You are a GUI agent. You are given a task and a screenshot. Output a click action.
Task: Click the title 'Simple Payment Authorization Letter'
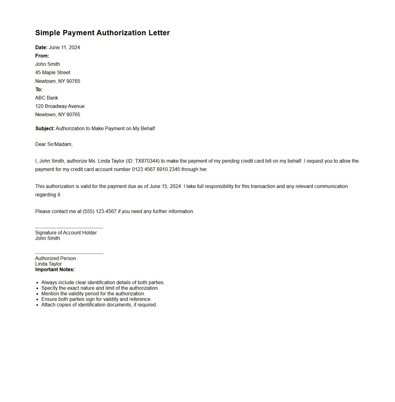click(x=102, y=33)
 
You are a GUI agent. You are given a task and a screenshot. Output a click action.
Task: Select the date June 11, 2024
click(x=64, y=47)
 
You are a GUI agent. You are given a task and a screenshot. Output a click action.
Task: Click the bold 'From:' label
click(x=42, y=56)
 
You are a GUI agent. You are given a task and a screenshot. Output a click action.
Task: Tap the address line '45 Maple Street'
click(x=53, y=72)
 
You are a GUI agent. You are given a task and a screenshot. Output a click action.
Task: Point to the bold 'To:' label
click(x=39, y=89)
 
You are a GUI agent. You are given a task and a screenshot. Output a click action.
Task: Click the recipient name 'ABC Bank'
click(x=47, y=98)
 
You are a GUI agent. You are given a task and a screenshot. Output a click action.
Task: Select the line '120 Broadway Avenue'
click(x=60, y=106)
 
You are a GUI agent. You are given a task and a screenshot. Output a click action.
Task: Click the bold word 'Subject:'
click(x=45, y=128)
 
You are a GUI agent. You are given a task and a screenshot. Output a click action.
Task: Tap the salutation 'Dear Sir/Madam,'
click(x=54, y=144)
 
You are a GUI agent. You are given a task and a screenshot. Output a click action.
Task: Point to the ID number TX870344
click(x=147, y=161)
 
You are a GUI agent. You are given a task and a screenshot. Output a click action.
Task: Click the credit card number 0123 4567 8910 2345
click(x=156, y=169)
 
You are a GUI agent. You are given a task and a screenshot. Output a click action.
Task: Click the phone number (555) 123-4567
click(x=100, y=211)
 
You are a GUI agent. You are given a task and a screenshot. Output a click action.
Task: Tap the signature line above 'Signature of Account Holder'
click(x=69, y=228)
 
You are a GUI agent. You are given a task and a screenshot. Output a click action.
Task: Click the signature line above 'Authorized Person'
click(x=69, y=254)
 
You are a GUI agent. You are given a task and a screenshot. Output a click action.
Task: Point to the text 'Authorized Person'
click(x=55, y=258)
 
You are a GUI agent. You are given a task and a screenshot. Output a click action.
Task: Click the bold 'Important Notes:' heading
click(x=55, y=269)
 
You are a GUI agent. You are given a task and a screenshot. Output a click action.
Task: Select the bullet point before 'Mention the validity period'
click(x=37, y=294)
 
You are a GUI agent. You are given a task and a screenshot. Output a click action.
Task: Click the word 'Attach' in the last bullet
click(x=48, y=305)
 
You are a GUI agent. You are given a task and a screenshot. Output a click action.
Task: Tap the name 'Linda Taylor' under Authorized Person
click(x=48, y=264)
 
